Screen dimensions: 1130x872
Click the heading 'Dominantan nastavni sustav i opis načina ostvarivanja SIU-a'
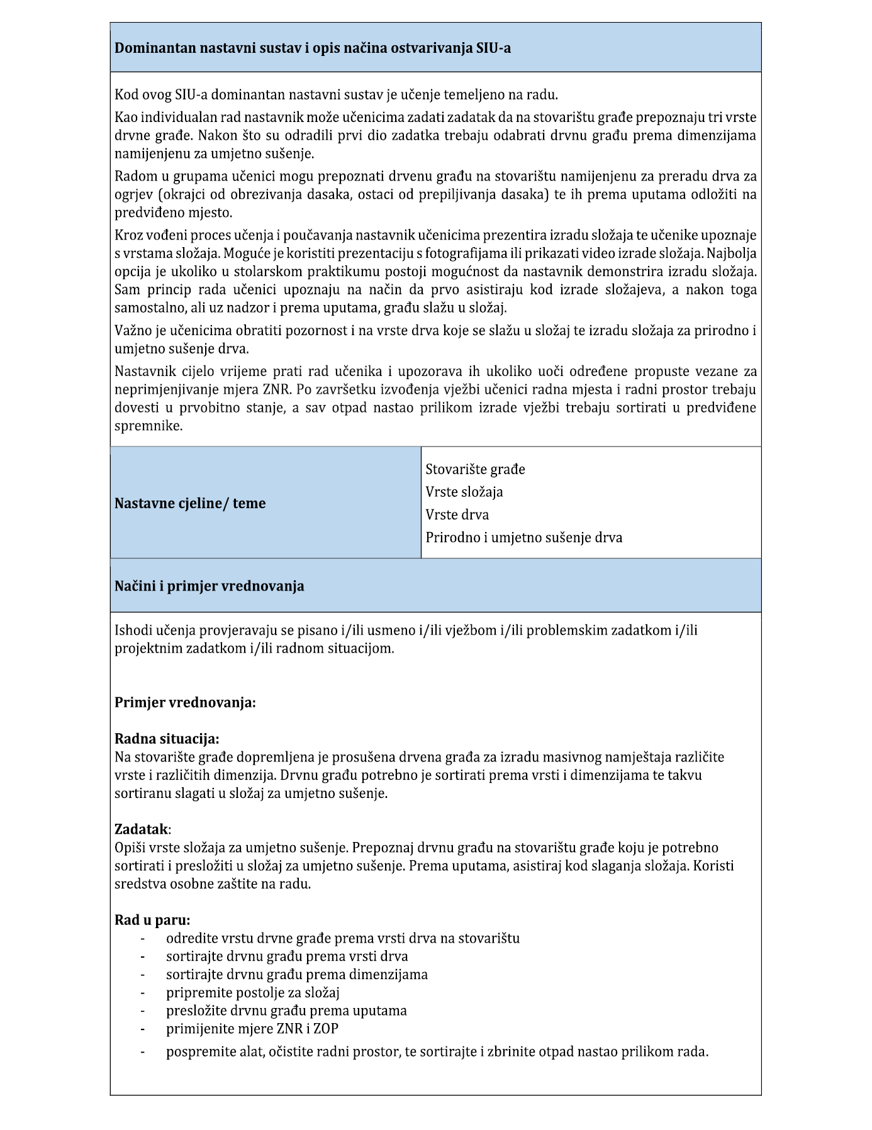(x=312, y=48)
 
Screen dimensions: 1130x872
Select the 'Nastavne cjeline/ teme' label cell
(x=190, y=503)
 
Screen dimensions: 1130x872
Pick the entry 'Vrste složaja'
(x=464, y=492)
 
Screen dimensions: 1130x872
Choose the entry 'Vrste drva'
(x=457, y=514)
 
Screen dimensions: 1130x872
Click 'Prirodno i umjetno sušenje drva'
(x=523, y=538)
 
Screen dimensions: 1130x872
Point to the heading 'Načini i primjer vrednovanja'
(x=209, y=586)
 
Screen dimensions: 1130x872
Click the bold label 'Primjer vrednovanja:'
(x=185, y=702)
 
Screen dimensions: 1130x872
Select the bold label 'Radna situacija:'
(x=167, y=739)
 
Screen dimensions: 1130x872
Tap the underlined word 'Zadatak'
(x=142, y=829)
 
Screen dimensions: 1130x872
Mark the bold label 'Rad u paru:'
(x=152, y=920)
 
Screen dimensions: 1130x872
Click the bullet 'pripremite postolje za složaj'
(x=252, y=993)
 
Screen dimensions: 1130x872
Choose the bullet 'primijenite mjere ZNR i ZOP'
(x=252, y=1029)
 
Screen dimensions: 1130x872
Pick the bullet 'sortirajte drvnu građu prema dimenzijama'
(x=296, y=975)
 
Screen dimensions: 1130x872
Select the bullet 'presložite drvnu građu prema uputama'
(x=286, y=1011)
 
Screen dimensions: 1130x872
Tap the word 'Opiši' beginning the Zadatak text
(x=130, y=848)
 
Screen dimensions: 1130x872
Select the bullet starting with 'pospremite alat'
(x=437, y=1051)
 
